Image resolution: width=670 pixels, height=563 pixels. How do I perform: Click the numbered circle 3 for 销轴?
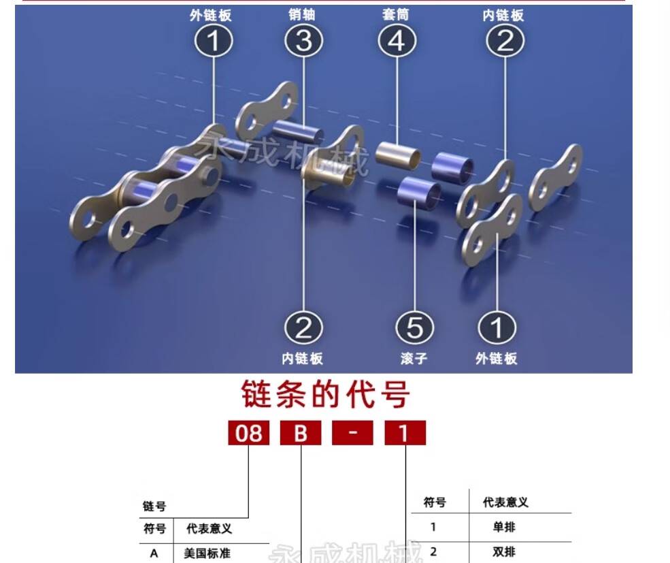(x=303, y=42)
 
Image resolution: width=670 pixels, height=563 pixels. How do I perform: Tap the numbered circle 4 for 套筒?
(x=396, y=42)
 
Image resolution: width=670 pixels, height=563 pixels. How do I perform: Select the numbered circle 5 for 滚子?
(x=414, y=328)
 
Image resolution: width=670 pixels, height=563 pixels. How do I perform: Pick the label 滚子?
(x=414, y=358)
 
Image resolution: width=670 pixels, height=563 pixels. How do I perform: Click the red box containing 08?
(x=248, y=433)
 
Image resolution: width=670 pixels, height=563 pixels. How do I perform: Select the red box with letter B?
(x=301, y=433)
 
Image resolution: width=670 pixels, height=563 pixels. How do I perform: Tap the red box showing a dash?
(x=352, y=433)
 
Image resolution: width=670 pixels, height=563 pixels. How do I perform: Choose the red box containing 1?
(x=405, y=433)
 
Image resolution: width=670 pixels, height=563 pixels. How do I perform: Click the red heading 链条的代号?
(x=326, y=394)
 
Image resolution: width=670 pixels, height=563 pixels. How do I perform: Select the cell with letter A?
(x=154, y=553)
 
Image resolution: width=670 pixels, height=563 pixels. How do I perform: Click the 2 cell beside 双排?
(x=433, y=551)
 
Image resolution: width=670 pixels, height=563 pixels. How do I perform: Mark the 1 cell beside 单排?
(x=433, y=527)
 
